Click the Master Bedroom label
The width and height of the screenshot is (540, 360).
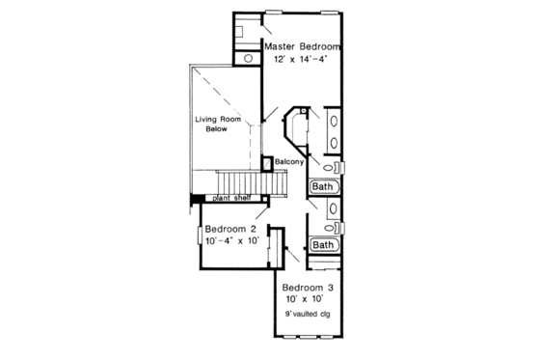(x=304, y=45)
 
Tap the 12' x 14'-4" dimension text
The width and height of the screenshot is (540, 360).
(x=304, y=58)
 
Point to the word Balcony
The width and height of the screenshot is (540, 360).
(x=290, y=161)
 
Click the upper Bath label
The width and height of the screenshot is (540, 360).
(x=322, y=186)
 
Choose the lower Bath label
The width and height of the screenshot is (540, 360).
(x=323, y=245)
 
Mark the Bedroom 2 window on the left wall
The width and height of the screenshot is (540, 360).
(x=199, y=235)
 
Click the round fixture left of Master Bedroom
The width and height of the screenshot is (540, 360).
(x=248, y=58)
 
